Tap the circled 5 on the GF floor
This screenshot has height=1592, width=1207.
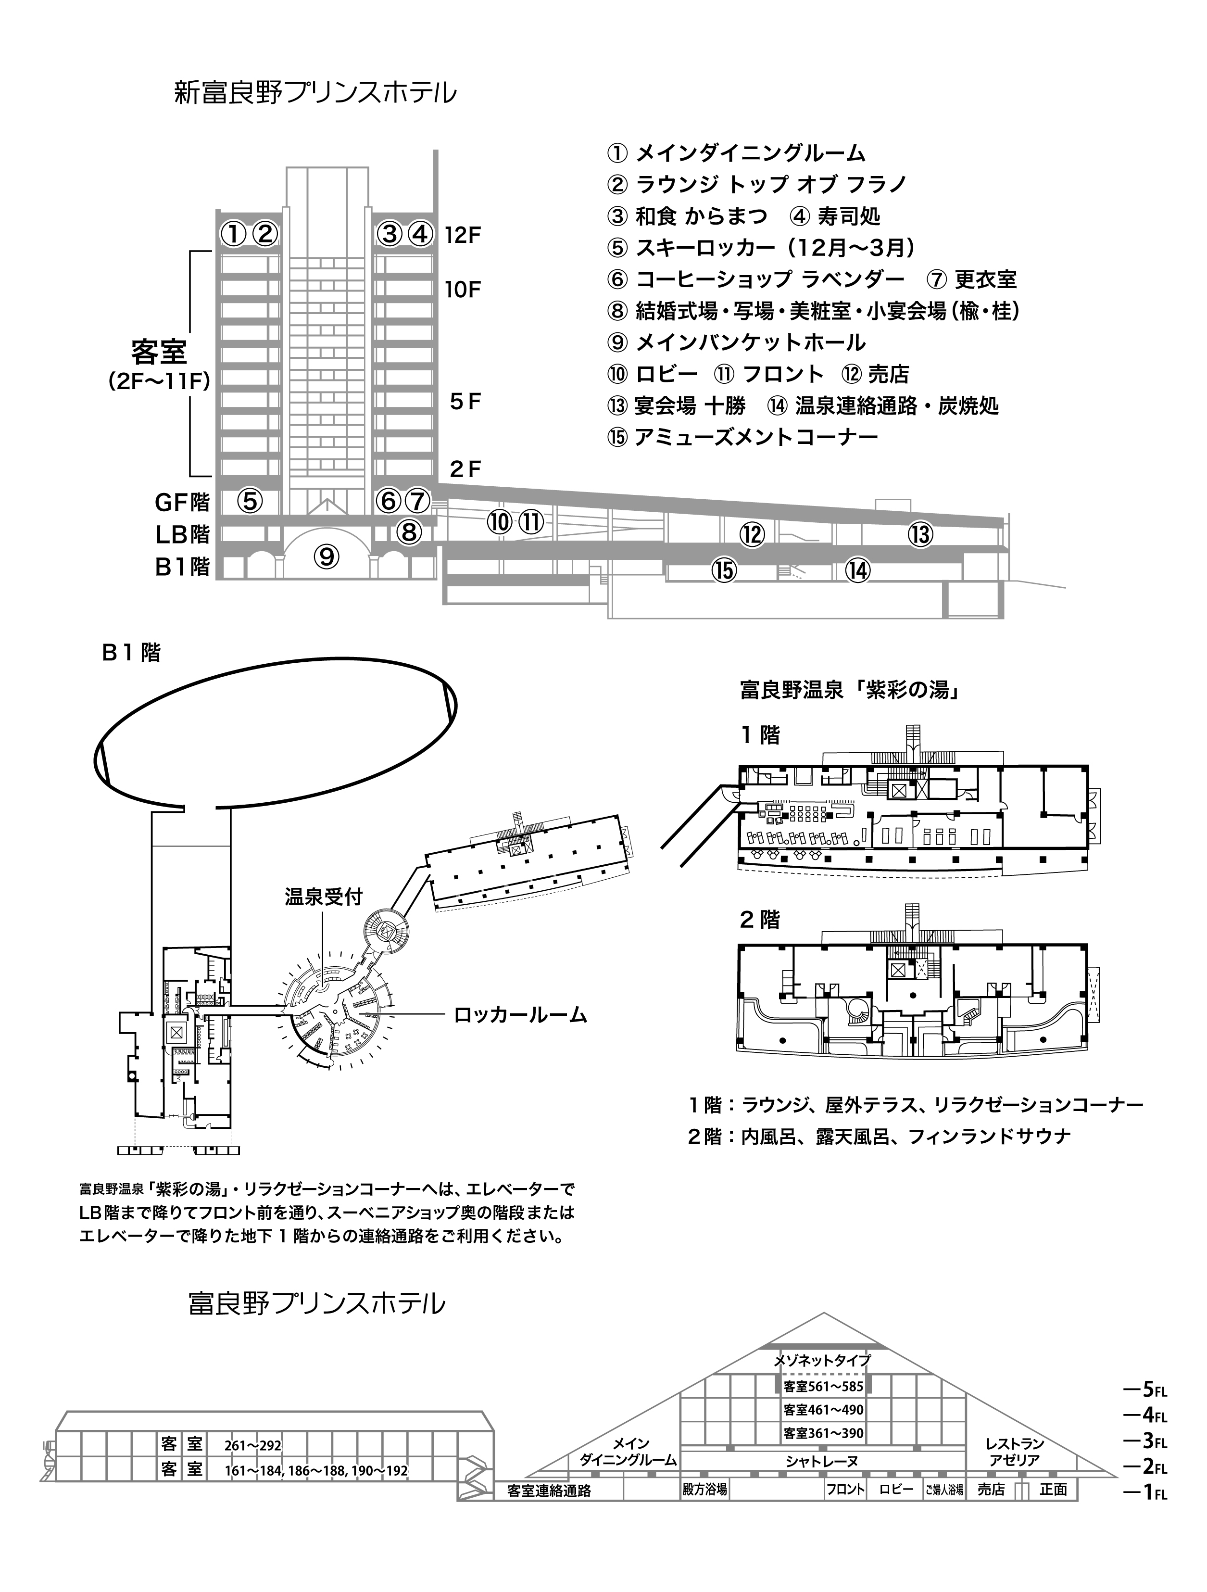(x=250, y=501)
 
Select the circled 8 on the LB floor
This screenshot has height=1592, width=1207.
(x=408, y=532)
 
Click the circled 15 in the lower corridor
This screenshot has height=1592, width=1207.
(x=724, y=569)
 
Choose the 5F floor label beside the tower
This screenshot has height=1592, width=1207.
(x=464, y=402)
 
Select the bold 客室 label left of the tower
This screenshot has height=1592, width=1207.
(x=159, y=353)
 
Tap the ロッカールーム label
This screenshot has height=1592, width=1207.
(x=520, y=1015)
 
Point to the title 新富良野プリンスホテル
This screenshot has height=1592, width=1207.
(x=315, y=94)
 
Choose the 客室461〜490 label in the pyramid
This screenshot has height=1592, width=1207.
(x=823, y=1409)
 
